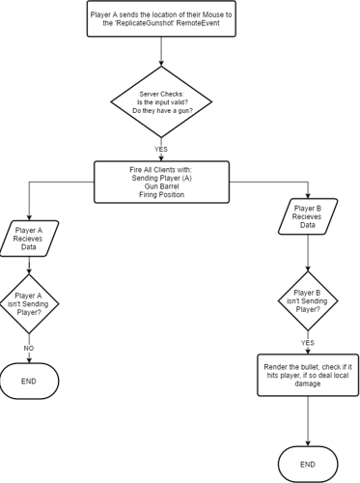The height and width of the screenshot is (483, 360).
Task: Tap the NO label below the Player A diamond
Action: pyautogui.click(x=29, y=347)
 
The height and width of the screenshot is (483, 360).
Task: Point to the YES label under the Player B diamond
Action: pyautogui.click(x=308, y=343)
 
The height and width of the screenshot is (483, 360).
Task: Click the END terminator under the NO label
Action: pyautogui.click(x=29, y=382)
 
